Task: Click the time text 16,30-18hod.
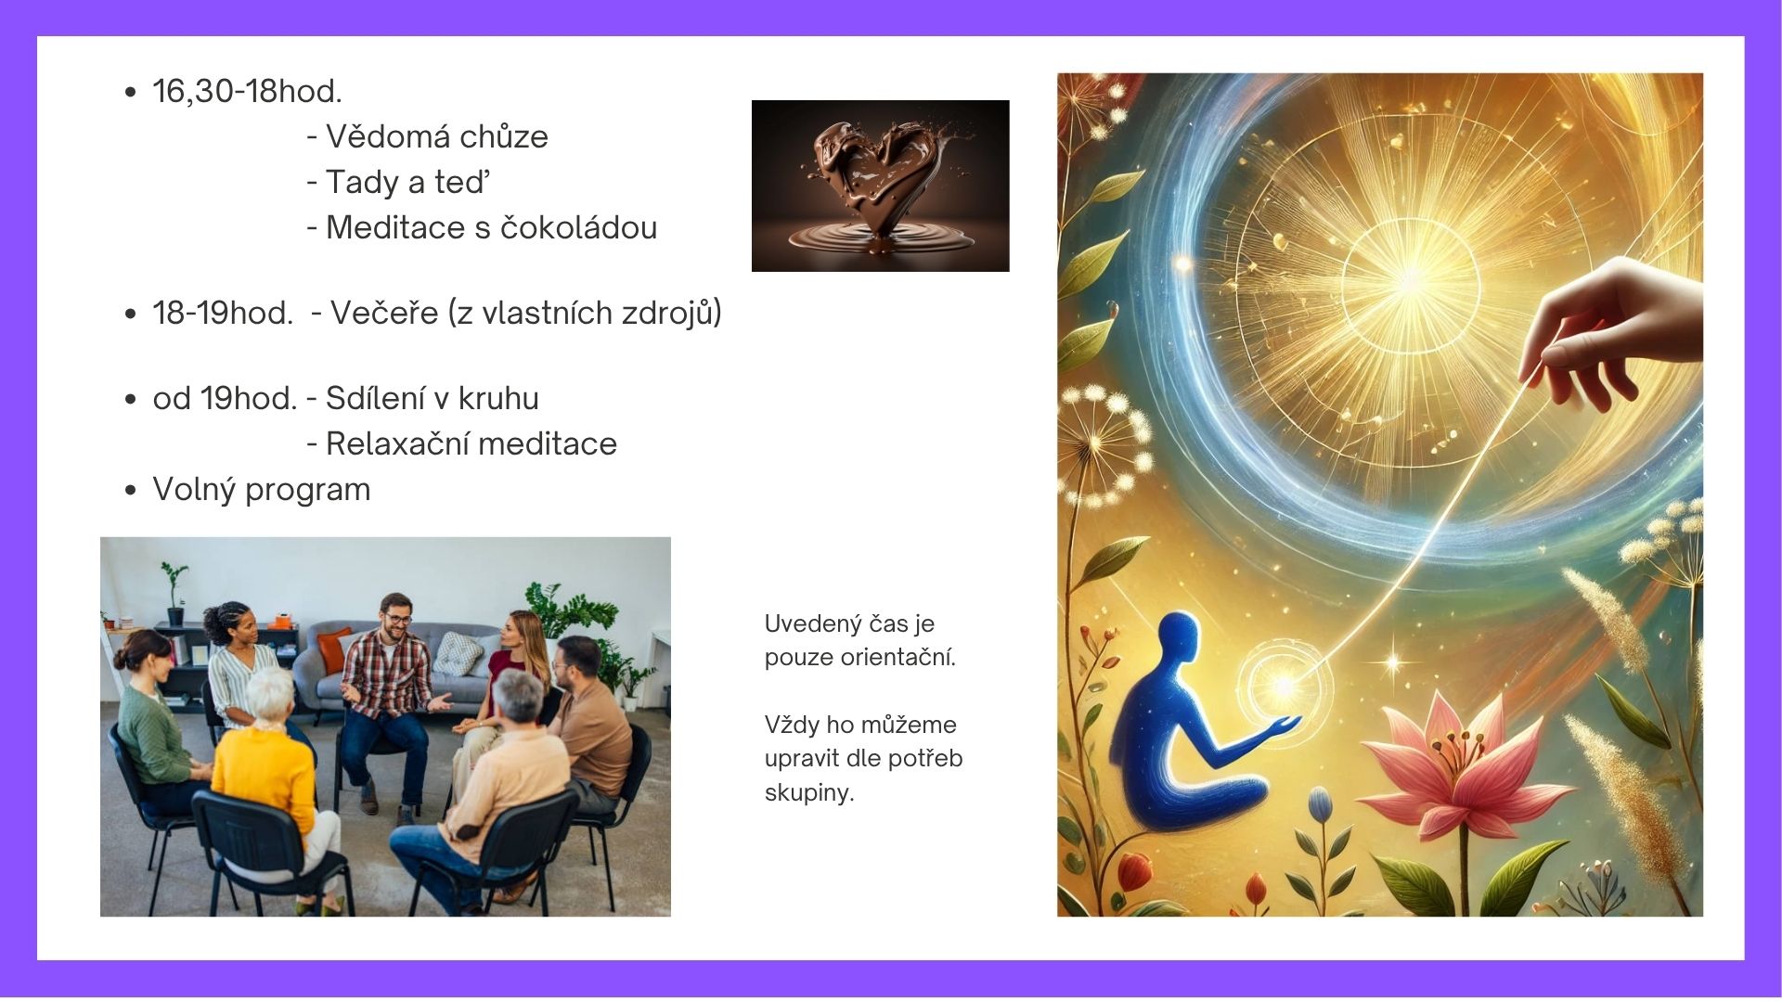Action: click(247, 91)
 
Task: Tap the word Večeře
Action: click(384, 313)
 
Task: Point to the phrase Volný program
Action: click(262, 490)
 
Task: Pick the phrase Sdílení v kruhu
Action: click(432, 398)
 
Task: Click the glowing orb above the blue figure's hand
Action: click(1285, 687)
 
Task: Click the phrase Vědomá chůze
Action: click(437, 136)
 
